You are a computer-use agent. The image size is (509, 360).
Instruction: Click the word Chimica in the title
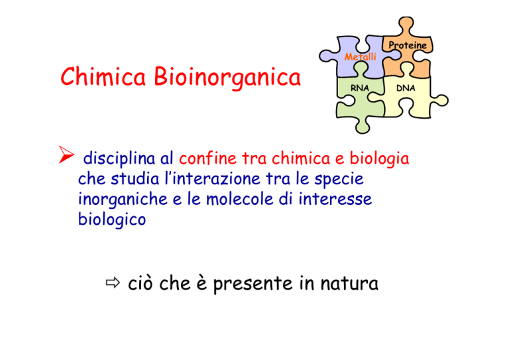[x=103, y=76]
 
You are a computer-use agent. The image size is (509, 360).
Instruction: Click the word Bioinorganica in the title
[x=227, y=78]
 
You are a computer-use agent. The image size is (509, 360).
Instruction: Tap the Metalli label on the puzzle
[x=360, y=57]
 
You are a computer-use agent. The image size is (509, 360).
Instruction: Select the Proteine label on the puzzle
[x=408, y=45]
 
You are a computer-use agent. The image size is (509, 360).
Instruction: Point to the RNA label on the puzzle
[x=360, y=88]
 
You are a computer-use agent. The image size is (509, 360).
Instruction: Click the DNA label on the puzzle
[x=406, y=88]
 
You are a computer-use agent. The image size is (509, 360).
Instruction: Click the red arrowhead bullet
[x=66, y=154]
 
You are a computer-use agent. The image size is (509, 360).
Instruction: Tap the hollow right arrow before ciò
[x=113, y=282]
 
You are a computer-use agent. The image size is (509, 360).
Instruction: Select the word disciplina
[x=119, y=158]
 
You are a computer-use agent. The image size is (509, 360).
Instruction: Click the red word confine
[x=207, y=158]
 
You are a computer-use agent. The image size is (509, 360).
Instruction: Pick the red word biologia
[x=379, y=158]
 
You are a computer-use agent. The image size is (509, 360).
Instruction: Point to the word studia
[x=135, y=178]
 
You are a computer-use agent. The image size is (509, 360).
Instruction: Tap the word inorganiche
[x=123, y=199]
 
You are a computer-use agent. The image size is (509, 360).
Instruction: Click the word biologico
[x=112, y=219]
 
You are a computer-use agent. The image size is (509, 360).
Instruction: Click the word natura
[x=349, y=282]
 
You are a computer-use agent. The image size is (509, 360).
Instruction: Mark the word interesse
[x=335, y=199]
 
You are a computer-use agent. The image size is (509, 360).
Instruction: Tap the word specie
[x=339, y=179]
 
